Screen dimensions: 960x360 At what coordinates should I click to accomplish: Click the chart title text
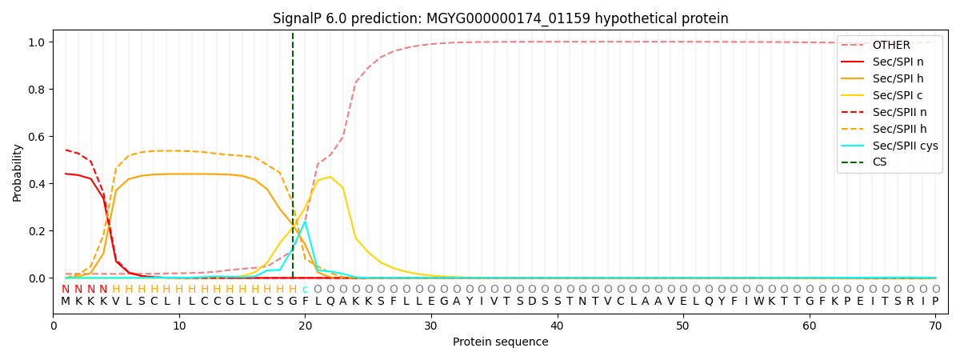(x=500, y=18)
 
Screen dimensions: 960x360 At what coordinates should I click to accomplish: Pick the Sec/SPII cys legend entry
(x=890, y=146)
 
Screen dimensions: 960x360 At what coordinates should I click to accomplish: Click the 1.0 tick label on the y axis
(x=37, y=42)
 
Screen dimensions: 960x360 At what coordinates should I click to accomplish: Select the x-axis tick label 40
(x=557, y=326)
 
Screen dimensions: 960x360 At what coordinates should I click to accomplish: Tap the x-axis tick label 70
(x=935, y=326)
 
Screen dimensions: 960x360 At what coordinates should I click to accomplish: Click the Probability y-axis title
(x=17, y=173)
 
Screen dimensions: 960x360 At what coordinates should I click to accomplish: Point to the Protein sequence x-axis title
(x=500, y=342)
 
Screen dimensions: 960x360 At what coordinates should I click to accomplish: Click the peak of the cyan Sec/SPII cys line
(x=305, y=222)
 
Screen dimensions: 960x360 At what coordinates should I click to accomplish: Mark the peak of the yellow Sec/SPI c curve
(x=330, y=177)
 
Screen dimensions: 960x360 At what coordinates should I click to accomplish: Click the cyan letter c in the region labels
(x=305, y=290)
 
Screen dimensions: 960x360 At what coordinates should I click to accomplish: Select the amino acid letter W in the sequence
(x=758, y=301)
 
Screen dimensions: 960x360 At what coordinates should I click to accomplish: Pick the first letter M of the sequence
(x=65, y=301)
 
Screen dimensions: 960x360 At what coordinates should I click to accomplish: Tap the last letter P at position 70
(x=935, y=301)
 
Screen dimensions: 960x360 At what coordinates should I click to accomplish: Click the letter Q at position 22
(x=330, y=302)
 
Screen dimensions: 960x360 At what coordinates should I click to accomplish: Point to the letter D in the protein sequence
(x=532, y=301)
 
